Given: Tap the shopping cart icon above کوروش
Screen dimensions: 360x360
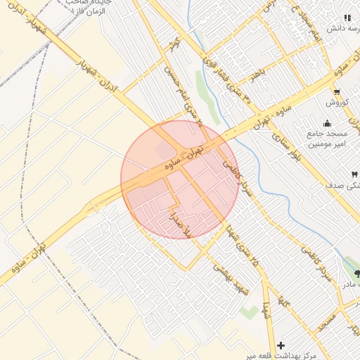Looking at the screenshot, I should (x=337, y=91).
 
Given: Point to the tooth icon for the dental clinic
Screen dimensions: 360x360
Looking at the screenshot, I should (x=354, y=174).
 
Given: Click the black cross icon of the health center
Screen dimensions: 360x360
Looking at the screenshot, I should (x=281, y=345).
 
